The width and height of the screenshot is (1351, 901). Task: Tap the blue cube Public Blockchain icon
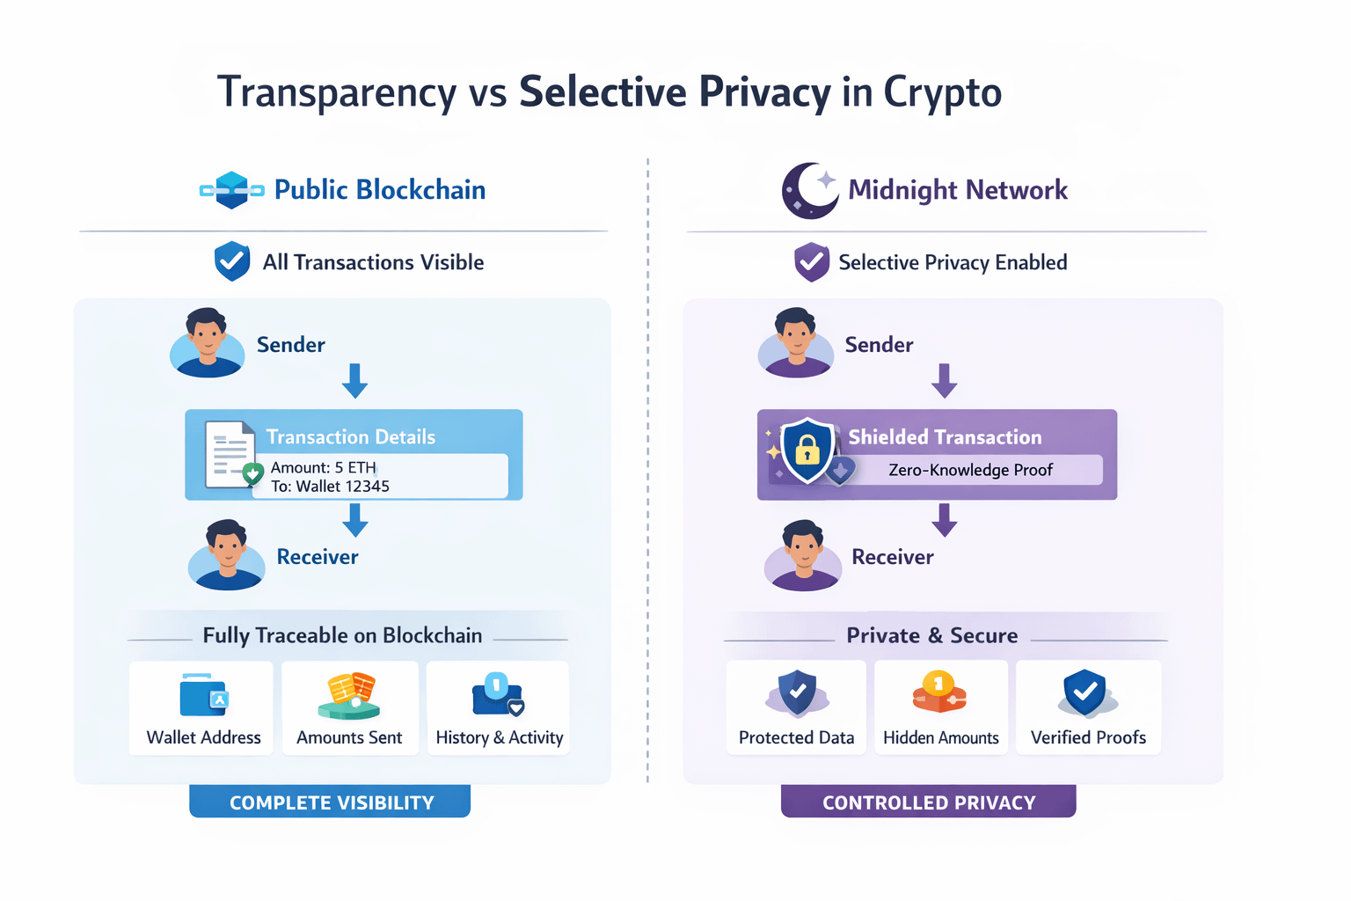(231, 190)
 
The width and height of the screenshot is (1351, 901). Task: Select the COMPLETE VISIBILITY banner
(330, 802)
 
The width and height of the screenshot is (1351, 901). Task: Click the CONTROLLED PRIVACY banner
(928, 802)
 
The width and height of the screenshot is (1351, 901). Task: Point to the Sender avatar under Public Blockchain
(207, 343)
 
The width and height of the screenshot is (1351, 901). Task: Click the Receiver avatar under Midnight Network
(802, 555)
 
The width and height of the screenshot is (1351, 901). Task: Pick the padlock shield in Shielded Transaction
(807, 450)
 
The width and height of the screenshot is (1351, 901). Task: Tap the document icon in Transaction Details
(229, 454)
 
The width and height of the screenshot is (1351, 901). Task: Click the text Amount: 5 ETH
(324, 467)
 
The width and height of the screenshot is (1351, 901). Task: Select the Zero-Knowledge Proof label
(970, 470)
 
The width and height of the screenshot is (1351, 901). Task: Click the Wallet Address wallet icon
(203, 695)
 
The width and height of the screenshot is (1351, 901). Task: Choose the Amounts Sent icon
(349, 695)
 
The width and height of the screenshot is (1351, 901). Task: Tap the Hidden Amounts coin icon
(939, 692)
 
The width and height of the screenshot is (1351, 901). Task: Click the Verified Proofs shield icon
(1086, 693)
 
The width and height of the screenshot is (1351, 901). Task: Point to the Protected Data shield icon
(797, 693)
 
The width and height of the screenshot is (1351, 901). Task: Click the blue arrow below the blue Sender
(354, 381)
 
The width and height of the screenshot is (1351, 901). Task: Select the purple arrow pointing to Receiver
(944, 520)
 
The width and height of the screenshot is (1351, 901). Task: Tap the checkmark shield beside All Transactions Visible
(232, 261)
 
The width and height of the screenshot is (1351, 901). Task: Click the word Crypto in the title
(942, 92)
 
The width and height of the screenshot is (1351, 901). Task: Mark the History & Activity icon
(498, 695)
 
